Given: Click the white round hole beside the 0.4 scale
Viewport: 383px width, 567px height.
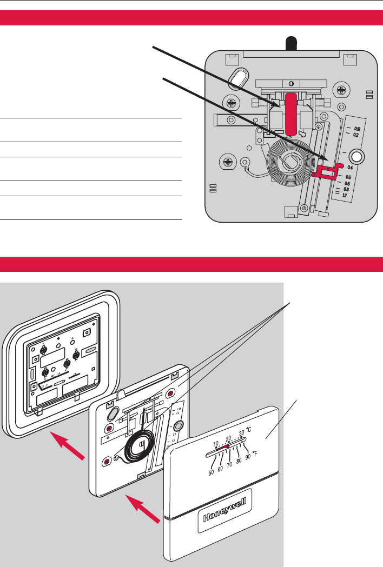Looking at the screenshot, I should point(356,157).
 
